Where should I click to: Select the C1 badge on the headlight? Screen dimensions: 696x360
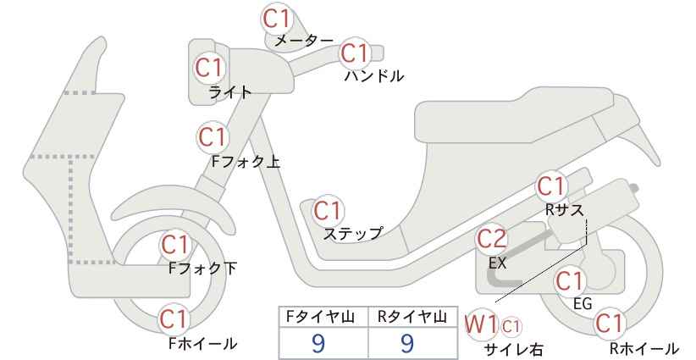point(209,68)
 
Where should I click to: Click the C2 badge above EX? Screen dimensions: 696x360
point(491,240)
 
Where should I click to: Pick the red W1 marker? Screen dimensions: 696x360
point(481,325)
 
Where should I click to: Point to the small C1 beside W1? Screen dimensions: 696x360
point(511,327)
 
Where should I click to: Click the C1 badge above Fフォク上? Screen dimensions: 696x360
point(213,137)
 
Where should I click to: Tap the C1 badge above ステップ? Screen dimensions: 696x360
point(327,211)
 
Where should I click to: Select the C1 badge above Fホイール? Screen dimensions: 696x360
point(175,319)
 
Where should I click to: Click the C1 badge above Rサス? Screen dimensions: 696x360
point(551,187)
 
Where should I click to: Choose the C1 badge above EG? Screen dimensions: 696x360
point(570,280)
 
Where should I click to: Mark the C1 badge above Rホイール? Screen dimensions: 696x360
point(610,324)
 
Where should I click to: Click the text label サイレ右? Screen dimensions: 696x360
point(514,350)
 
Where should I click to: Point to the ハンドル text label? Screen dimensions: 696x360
point(374,76)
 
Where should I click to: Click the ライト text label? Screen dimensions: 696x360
point(230,91)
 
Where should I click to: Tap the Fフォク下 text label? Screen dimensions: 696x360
point(203,269)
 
